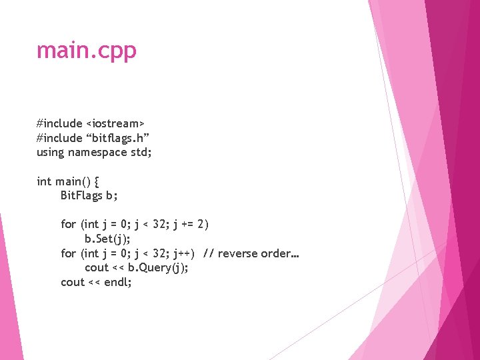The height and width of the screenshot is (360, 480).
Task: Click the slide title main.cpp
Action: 87,51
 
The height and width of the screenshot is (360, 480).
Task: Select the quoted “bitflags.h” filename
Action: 117,137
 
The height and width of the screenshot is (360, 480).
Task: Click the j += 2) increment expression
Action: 191,224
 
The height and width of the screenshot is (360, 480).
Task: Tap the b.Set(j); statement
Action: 107,239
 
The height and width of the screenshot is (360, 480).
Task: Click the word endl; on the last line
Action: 118,282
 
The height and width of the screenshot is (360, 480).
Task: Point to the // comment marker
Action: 208,253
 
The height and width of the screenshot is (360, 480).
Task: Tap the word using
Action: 50,152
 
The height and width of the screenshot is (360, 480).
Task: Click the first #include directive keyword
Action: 60,123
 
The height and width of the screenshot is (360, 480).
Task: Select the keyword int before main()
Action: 44,181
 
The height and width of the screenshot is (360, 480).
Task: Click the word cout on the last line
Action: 72,282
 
